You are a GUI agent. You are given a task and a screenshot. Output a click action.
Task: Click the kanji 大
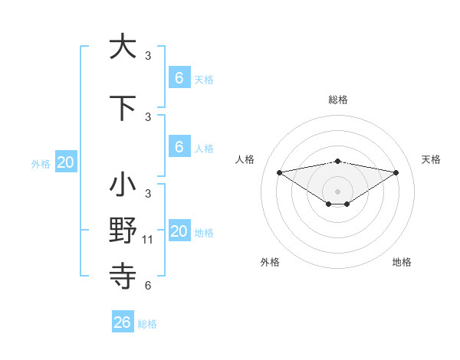coord(122,46)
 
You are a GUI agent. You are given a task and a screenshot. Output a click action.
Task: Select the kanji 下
coord(122,109)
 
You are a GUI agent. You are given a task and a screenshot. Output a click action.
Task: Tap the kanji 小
coord(122,185)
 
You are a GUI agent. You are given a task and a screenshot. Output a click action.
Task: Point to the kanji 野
coord(122,229)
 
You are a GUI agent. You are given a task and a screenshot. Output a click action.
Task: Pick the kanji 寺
coord(122,274)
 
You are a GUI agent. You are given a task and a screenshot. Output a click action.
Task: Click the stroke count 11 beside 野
coord(148,240)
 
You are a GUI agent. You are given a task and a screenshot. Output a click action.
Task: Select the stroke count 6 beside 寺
coord(148,286)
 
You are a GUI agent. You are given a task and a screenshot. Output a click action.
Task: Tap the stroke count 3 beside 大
coord(148,56)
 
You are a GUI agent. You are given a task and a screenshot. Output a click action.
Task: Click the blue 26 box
coord(122,322)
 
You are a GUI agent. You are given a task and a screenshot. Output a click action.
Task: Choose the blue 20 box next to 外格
coord(66,162)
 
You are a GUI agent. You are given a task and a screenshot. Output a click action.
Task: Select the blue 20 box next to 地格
coord(179,232)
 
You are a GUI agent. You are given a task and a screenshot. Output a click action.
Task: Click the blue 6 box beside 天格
coord(179,78)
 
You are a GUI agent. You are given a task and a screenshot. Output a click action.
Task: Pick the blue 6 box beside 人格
coord(179,148)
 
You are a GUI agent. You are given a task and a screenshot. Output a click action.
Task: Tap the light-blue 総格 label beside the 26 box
coord(147,324)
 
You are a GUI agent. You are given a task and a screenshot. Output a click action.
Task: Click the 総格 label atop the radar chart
coord(337,100)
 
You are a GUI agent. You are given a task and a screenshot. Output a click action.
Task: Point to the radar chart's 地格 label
coord(402,262)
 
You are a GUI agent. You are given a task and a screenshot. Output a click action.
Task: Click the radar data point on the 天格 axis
coord(396,172)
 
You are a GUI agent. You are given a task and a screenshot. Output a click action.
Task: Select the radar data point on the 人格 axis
coord(279,172)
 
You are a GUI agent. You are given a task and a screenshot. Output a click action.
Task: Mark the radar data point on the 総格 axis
coord(337,161)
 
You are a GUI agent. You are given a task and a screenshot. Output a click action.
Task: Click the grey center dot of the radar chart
coord(337,191)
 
